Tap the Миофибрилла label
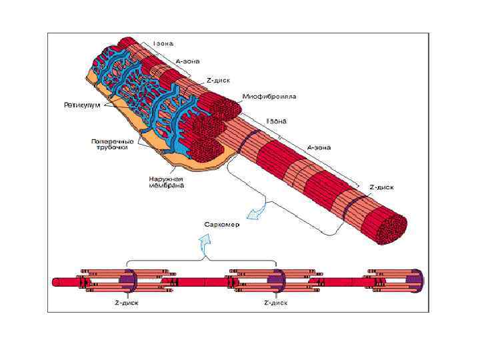[x=269, y=97]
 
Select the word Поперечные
[x=112, y=141]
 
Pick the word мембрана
[x=166, y=185]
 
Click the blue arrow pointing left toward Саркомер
[x=255, y=212]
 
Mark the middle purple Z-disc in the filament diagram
[x=277, y=281]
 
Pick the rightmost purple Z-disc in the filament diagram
[x=417, y=281]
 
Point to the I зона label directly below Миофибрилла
[x=277, y=121]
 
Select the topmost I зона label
[x=163, y=44]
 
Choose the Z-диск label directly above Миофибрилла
[x=218, y=80]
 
